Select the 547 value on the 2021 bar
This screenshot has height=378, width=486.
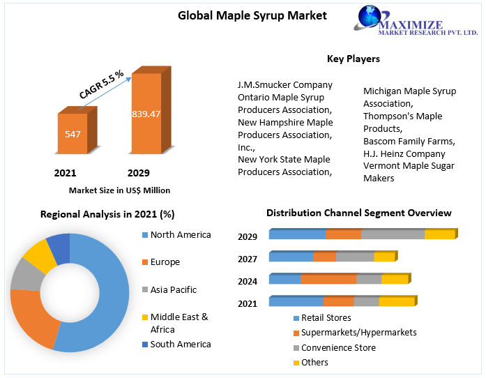(73, 133)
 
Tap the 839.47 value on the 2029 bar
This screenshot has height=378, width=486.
(146, 114)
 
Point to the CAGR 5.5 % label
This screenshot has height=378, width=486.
(101, 84)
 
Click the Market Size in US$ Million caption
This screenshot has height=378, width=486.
(119, 190)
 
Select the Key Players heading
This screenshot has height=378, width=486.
(353, 59)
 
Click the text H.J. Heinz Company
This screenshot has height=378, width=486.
(404, 153)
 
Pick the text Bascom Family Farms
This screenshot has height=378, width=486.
(409, 141)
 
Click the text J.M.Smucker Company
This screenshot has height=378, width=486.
(285, 85)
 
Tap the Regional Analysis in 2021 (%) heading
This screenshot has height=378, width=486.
(107, 214)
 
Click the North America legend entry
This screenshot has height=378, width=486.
(180, 235)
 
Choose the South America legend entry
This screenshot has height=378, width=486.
(180, 344)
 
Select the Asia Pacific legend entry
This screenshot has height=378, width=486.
(174, 289)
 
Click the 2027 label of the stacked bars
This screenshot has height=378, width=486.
(248, 259)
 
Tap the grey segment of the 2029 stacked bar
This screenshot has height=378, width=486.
(393, 234)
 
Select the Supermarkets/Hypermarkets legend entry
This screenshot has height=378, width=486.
(358, 333)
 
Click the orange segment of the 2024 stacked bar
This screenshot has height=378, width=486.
(328, 280)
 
